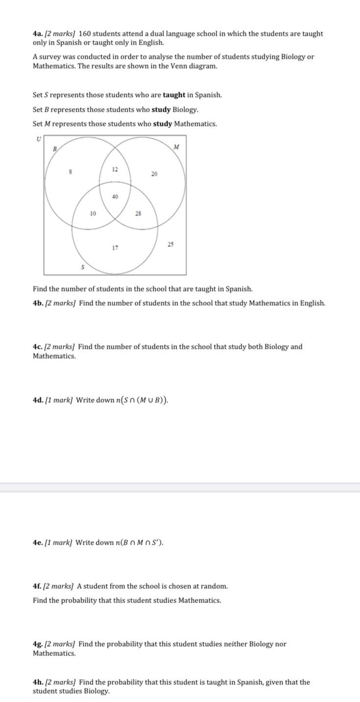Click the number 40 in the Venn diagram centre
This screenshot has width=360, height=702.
[x=115, y=196]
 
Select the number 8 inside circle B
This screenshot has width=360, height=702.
[x=71, y=172]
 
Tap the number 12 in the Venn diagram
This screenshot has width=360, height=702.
[x=115, y=169]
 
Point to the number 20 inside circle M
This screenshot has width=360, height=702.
[x=154, y=174]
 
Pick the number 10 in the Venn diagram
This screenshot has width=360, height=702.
[x=93, y=214]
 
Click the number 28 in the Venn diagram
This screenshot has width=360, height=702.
[x=138, y=214]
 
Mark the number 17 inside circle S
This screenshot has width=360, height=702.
[x=115, y=248]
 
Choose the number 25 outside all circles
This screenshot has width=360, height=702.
[x=170, y=244]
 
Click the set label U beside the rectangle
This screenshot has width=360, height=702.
[x=38, y=139]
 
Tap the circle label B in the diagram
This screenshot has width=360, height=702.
[x=55, y=148]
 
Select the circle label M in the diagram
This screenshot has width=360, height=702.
[x=176, y=146]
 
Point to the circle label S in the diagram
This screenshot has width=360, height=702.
[x=82, y=267]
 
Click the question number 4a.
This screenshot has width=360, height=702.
[x=38, y=34]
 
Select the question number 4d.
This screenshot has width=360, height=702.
[x=38, y=400]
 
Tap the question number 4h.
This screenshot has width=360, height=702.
[x=38, y=682]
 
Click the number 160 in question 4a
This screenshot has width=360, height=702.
[x=85, y=34]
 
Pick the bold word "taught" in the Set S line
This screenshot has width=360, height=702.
[x=174, y=95]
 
